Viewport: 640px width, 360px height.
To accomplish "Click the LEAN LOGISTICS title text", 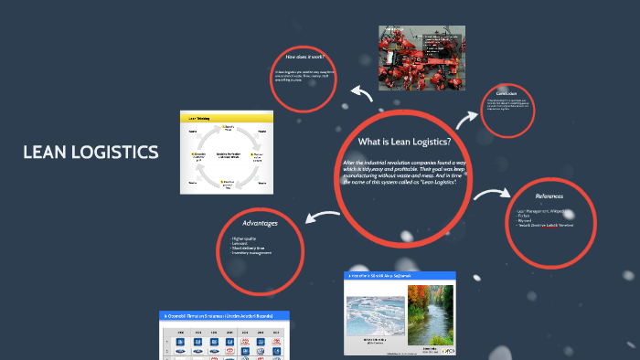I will coord(91,152).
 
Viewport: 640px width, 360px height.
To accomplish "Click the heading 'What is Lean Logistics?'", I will coord(405,142).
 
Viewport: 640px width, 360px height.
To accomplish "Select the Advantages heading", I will coord(260,222).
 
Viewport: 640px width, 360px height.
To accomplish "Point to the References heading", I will coord(550,196).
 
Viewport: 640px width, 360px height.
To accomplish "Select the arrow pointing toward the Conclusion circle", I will coord(467,116).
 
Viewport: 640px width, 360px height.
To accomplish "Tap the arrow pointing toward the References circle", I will coord(494,194).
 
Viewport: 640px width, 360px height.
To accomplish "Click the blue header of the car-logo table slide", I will coord(224,315).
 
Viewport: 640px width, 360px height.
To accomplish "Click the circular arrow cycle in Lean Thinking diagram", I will coord(228,156).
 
